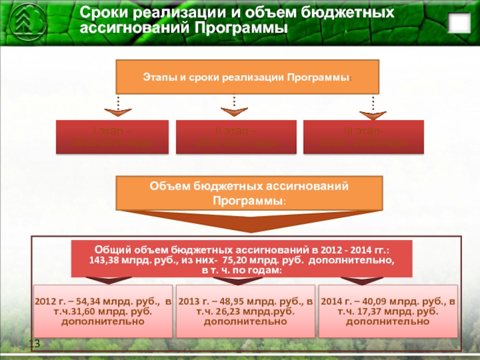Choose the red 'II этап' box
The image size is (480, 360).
point(236,137)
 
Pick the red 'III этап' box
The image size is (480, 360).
point(364,137)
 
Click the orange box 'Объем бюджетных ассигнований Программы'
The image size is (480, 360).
point(249,193)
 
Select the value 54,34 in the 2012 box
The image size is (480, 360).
point(84,301)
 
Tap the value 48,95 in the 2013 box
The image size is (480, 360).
point(227,301)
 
